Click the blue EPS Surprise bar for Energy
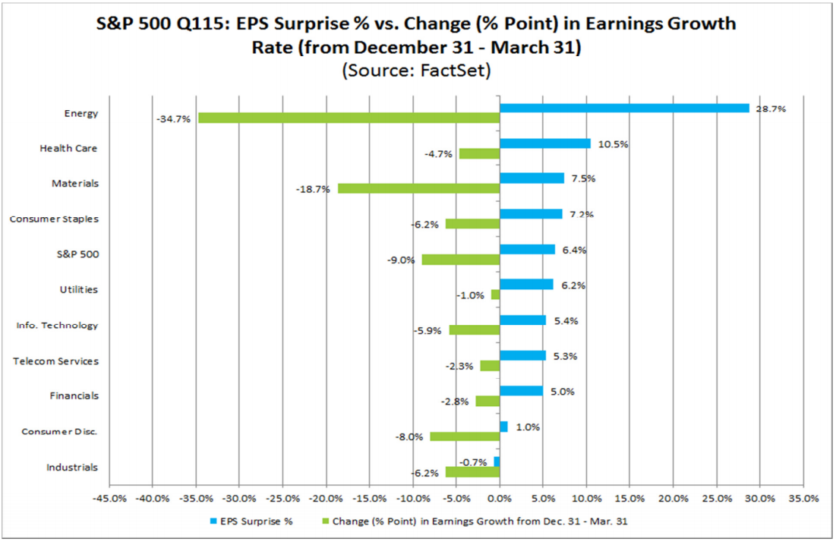coord(624,109)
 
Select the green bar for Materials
coord(418,188)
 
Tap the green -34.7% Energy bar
coord(349,118)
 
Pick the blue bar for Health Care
coord(544,143)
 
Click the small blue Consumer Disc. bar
coord(503,427)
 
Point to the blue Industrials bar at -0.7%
coord(497,462)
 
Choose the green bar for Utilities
coord(495,295)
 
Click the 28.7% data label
coord(771,109)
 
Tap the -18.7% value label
coord(314,189)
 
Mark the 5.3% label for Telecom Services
coord(566,356)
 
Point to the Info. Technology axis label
coord(58,326)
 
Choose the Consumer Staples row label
coord(54,219)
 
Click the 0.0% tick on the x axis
coord(499,499)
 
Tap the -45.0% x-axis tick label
coord(109,499)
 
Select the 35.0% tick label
coord(803,499)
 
